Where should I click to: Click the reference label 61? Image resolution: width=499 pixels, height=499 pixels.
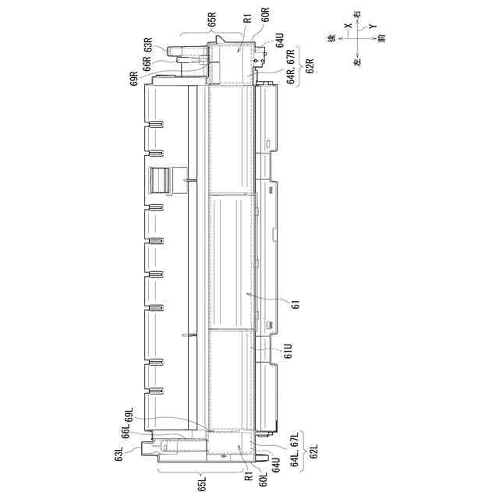tap(296, 305)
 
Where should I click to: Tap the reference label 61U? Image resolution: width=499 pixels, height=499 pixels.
tap(288, 350)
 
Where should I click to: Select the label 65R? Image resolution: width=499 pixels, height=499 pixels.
tap(212, 19)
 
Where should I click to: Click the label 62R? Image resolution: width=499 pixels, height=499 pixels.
tap(310, 65)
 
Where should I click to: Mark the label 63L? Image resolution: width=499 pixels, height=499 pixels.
tap(119, 454)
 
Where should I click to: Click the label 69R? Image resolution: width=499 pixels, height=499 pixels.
tap(134, 78)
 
